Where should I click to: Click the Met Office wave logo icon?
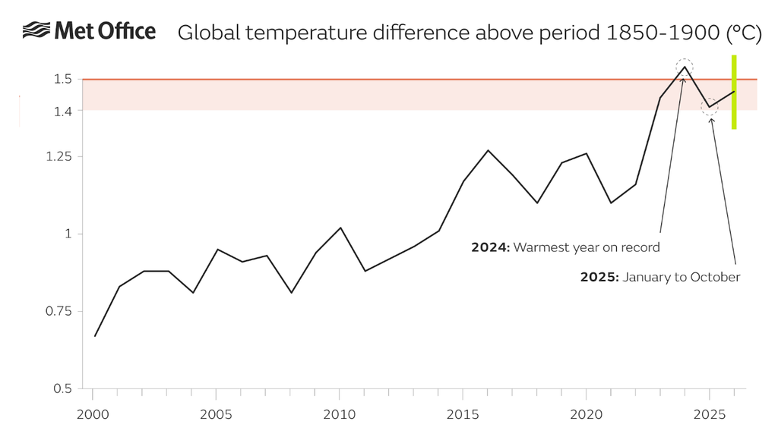(36, 31)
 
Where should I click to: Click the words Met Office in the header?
(105, 31)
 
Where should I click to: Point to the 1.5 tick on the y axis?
(63, 79)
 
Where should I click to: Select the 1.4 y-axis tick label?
(63, 111)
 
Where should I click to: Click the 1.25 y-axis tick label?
(60, 157)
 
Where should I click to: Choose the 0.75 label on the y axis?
(60, 312)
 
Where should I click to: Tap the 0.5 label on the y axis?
(63, 389)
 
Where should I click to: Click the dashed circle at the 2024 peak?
(685, 66)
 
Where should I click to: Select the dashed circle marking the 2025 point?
(710, 107)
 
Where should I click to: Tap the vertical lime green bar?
(734, 92)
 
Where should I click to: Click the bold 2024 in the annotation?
(490, 247)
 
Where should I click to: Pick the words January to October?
(681, 277)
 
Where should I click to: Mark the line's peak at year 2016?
(488, 150)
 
